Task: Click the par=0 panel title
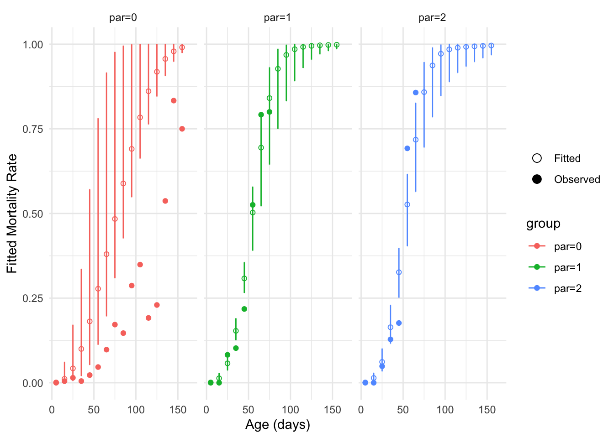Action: (x=123, y=18)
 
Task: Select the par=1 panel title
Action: (x=277, y=18)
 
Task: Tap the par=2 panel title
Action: (x=432, y=18)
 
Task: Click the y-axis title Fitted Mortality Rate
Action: (x=12, y=214)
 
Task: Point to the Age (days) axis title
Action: (x=278, y=425)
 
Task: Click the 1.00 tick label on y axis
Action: (x=33, y=45)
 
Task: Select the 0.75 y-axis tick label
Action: (x=33, y=129)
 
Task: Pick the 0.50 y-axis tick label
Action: (x=33, y=214)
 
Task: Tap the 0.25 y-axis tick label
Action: (x=33, y=298)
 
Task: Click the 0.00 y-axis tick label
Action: (x=33, y=383)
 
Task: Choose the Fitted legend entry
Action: (x=567, y=158)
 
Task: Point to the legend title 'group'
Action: (x=543, y=224)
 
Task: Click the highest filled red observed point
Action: (x=174, y=101)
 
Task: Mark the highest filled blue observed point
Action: (x=416, y=93)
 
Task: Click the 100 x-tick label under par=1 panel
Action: (x=291, y=410)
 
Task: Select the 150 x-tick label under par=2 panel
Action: (x=487, y=410)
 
